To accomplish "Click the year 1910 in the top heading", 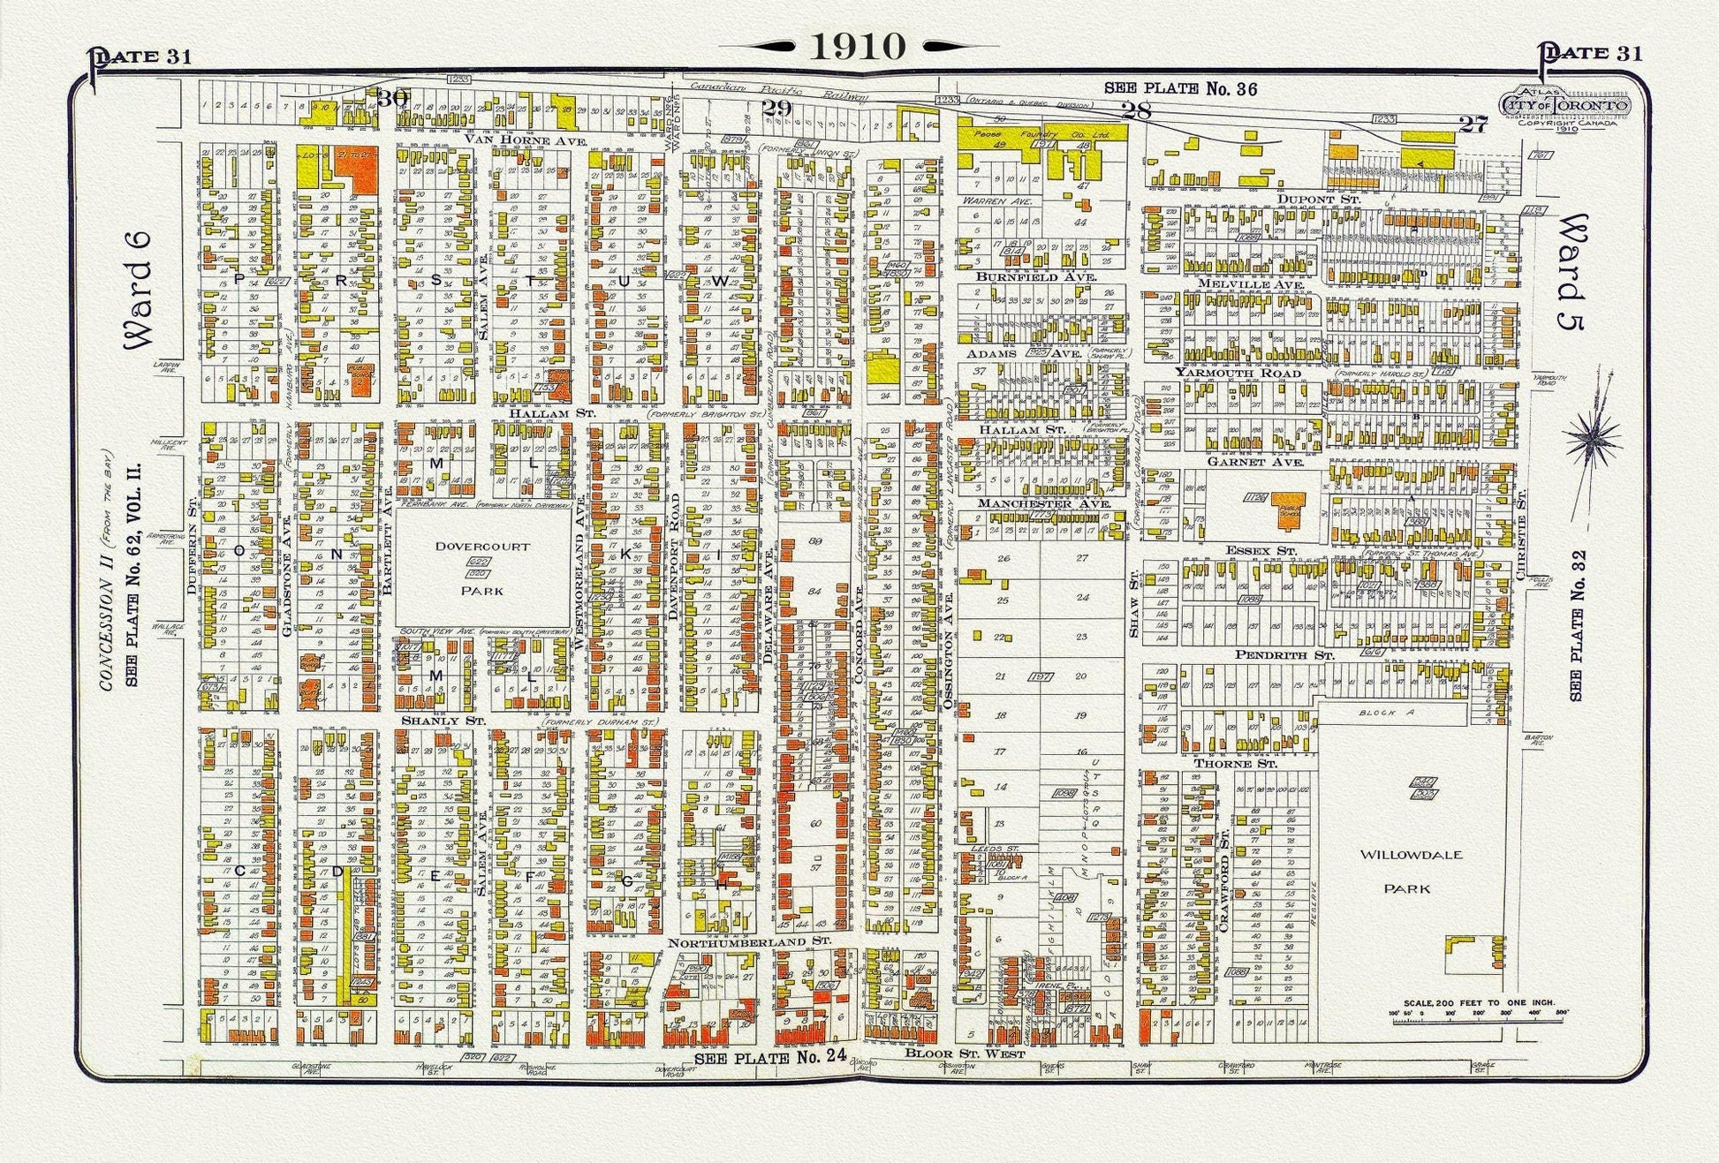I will pyautogui.click(x=858, y=46).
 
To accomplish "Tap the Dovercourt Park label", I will pyautogui.click(x=481, y=568).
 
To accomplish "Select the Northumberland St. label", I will pyautogui.click(x=749, y=942).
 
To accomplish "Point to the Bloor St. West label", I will pyautogui.click(x=965, y=1053).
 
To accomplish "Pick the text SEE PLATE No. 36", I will pyautogui.click(x=1180, y=88).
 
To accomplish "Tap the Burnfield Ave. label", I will pyautogui.click(x=1035, y=276).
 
